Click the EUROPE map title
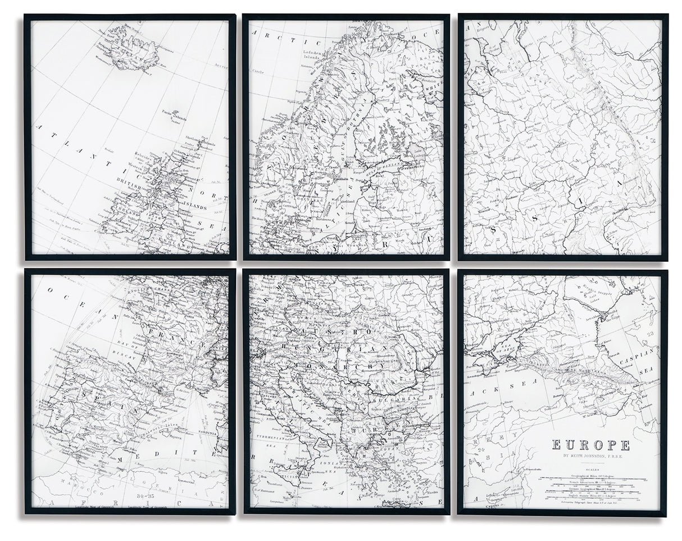click(590, 445)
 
